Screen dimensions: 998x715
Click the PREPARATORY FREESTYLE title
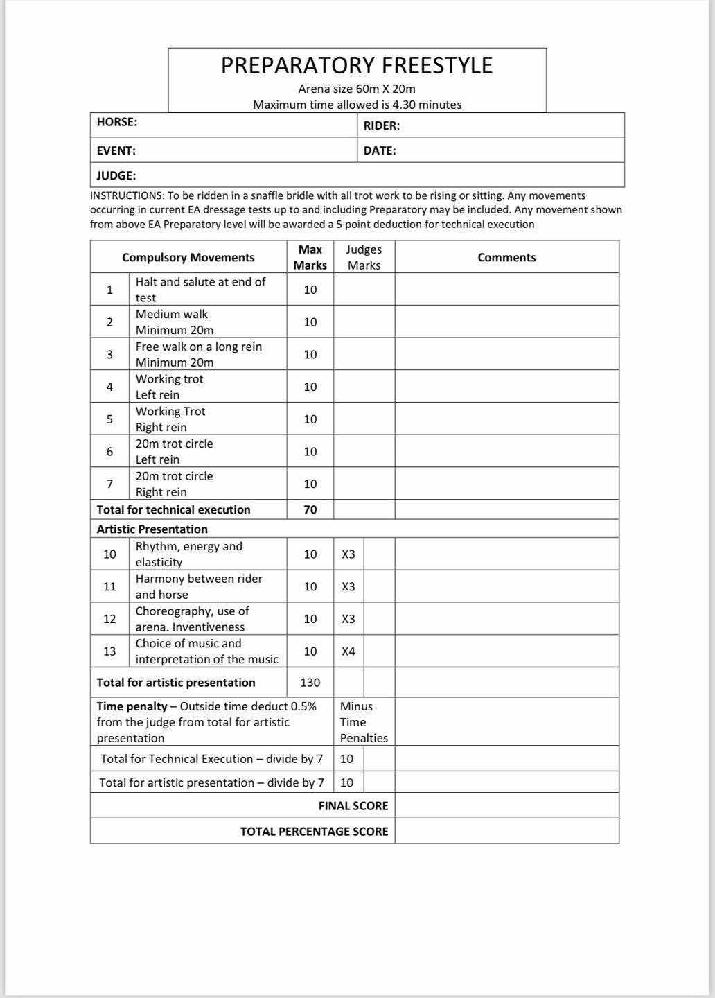(x=357, y=65)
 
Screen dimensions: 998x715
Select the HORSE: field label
(x=117, y=122)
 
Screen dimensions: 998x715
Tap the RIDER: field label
(x=382, y=125)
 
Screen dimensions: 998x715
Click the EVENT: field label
(x=116, y=150)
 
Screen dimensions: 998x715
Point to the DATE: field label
(x=380, y=150)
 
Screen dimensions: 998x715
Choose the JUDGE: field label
(x=116, y=175)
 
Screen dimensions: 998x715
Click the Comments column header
(x=506, y=257)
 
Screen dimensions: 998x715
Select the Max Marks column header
(x=310, y=257)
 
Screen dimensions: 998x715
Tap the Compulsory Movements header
(x=188, y=257)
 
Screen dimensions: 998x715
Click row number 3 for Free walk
(x=109, y=354)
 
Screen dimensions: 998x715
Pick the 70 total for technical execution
(x=310, y=509)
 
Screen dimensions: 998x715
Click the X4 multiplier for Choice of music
(x=348, y=651)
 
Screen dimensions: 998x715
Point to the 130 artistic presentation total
(x=310, y=683)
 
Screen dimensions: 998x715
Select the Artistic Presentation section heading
(x=152, y=529)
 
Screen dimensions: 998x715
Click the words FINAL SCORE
(x=353, y=806)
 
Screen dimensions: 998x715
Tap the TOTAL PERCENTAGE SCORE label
(x=314, y=832)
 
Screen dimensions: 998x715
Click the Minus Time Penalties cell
(x=364, y=722)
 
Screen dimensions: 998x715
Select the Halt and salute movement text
(x=200, y=290)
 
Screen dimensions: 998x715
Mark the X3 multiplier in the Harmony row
(x=348, y=587)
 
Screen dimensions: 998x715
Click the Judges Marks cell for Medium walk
(x=364, y=322)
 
